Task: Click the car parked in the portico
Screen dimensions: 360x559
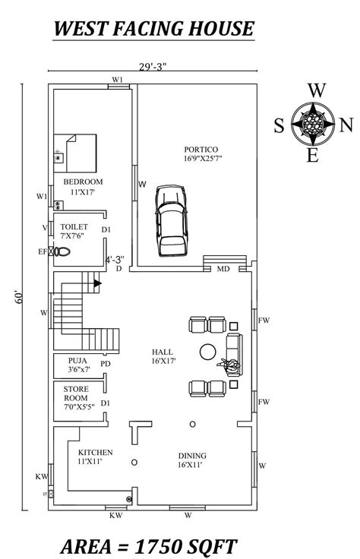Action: [x=171, y=221]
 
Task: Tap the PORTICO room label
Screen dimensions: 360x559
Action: [x=201, y=150]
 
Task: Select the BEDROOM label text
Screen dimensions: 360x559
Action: [x=83, y=182]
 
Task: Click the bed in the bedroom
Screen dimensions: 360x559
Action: [x=75, y=153]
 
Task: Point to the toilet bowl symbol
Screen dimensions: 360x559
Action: [x=62, y=251]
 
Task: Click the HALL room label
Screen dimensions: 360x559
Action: [x=163, y=352]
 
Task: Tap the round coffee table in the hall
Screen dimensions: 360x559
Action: [x=207, y=352]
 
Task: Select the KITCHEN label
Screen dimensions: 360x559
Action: [x=96, y=453]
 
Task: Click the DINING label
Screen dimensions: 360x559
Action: [x=192, y=456]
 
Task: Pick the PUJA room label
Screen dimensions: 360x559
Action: [x=77, y=361]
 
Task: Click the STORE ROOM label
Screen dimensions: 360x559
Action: [x=76, y=393]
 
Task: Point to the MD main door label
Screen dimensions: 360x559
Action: [x=223, y=269]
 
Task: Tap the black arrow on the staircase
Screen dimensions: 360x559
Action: [x=97, y=283]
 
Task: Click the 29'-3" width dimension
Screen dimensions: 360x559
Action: [x=153, y=66]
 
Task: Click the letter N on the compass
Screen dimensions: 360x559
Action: [x=346, y=125]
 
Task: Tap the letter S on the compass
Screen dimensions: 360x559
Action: [x=279, y=126]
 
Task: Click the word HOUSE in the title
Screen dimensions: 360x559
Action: [x=221, y=29]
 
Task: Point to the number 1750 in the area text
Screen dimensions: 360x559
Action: [x=156, y=547]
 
